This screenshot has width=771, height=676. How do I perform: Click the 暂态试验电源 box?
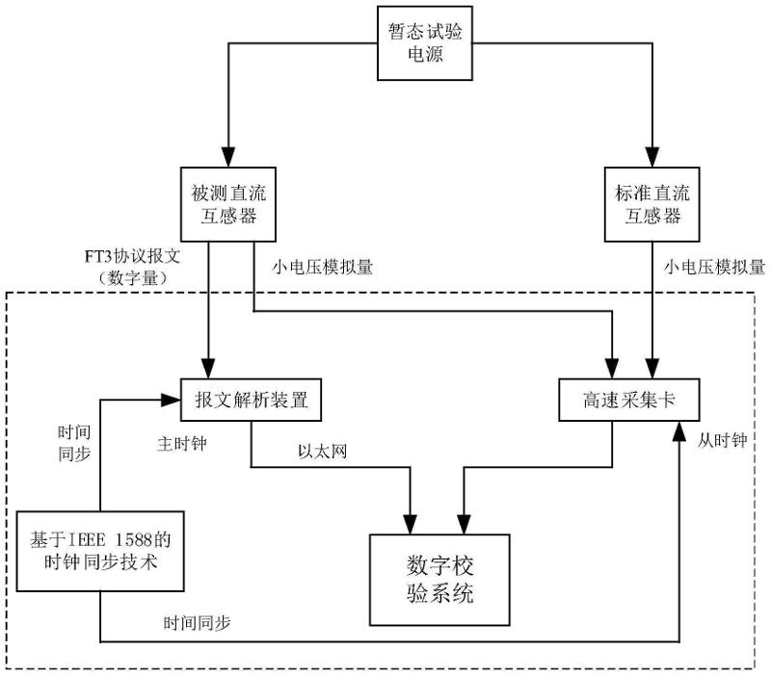pos(425,44)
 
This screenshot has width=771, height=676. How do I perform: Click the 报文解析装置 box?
pos(251,400)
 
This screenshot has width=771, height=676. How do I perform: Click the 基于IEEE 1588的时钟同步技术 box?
pos(99,550)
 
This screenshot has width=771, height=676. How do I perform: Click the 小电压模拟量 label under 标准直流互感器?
pos(714,267)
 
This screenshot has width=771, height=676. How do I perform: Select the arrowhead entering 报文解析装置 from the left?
pos(173,398)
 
